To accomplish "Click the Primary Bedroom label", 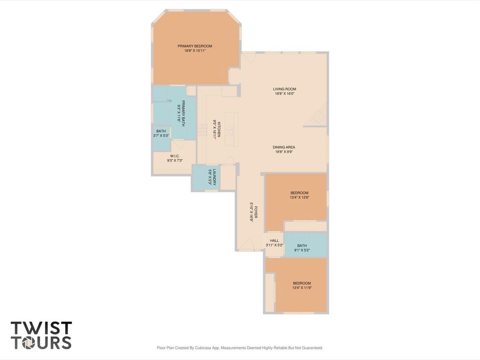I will (x=195, y=46).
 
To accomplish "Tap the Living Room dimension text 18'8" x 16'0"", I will (x=285, y=94).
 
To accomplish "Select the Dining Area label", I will (x=284, y=147).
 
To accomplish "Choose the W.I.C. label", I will (x=174, y=156).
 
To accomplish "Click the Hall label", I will (x=274, y=240).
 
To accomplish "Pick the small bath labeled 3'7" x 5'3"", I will (x=161, y=134).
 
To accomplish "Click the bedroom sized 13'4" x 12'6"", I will (x=299, y=195).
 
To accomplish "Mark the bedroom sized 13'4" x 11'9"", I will (x=301, y=285).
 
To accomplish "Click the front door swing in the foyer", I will (x=249, y=244).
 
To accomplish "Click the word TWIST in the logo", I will (x=41, y=328).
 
